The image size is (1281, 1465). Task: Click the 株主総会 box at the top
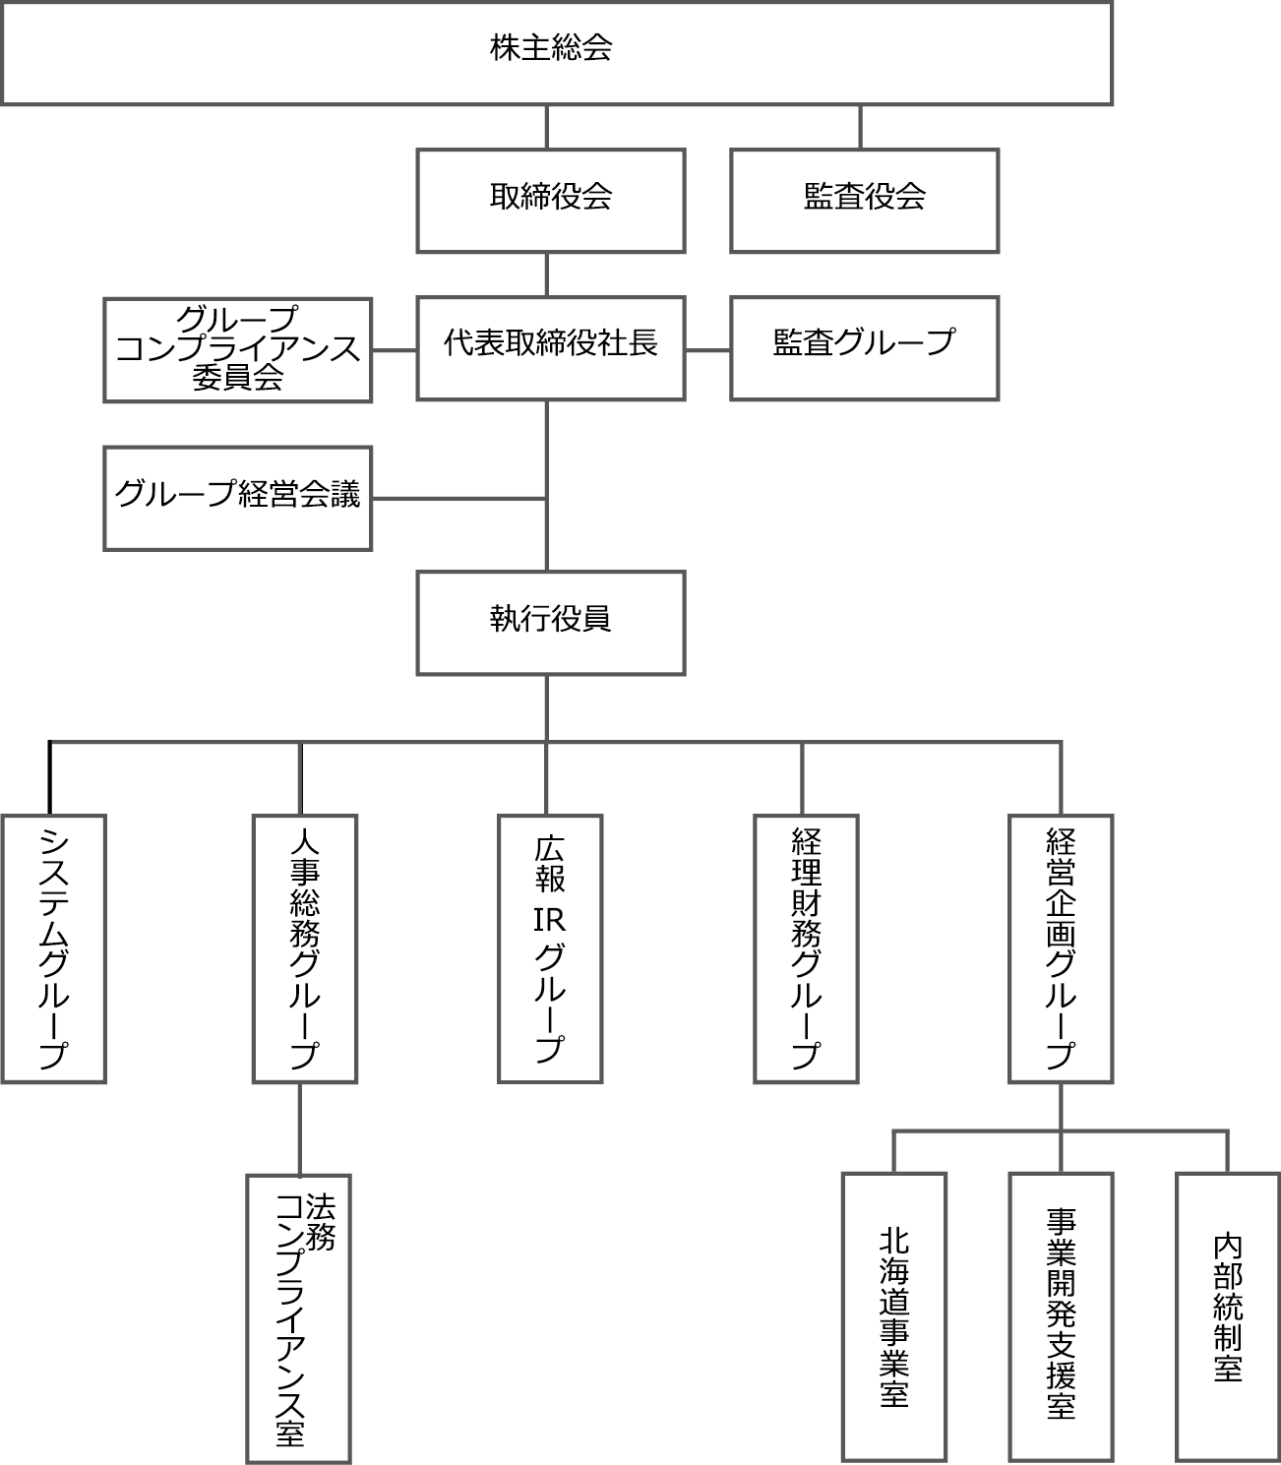(556, 52)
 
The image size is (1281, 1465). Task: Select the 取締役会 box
(550, 200)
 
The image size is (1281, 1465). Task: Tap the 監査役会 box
(864, 200)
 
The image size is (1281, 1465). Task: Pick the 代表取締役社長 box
(550, 347)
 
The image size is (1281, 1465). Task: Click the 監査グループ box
(864, 347)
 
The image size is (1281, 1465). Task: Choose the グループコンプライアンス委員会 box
(237, 349)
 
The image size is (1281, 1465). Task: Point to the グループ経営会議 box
(237, 497)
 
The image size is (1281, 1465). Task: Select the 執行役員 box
(550, 623)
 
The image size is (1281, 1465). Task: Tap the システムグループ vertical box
(53, 948)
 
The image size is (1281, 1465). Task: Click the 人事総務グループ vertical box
(304, 948)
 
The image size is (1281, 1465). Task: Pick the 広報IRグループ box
(549, 948)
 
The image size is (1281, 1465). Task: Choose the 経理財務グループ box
(805, 948)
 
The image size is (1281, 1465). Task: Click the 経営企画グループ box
(1060, 948)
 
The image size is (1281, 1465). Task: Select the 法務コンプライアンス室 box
(298, 1317)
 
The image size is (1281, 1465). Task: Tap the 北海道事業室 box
(893, 1317)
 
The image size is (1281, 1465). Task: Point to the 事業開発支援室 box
(1060, 1317)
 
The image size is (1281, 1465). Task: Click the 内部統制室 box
(1227, 1317)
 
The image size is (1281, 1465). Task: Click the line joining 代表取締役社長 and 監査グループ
(707, 349)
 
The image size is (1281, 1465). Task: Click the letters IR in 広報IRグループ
(549, 920)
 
